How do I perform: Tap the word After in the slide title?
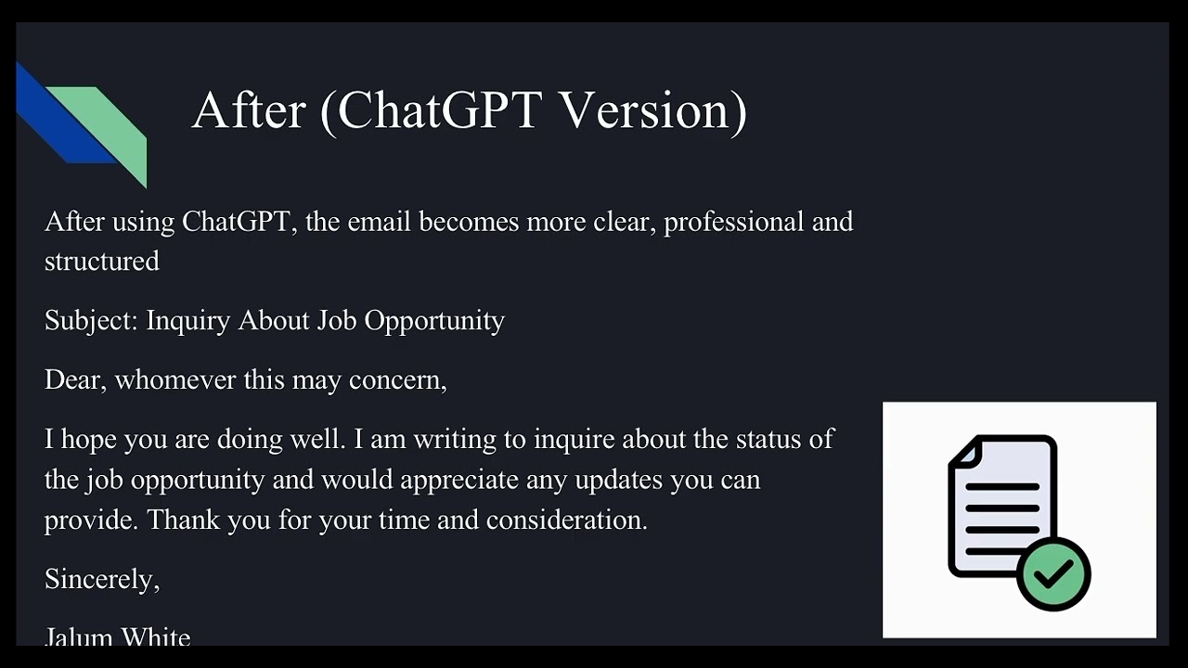click(249, 110)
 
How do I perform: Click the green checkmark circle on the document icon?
click(1053, 573)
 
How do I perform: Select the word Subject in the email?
click(91, 321)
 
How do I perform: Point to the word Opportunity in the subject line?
click(433, 321)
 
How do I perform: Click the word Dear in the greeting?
click(72, 379)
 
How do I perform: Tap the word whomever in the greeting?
click(175, 379)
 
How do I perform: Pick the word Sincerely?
click(101, 579)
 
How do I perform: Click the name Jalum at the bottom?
click(78, 636)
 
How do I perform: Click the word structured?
click(102, 262)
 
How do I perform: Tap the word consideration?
click(566, 520)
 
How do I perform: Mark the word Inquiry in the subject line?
click(187, 321)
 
